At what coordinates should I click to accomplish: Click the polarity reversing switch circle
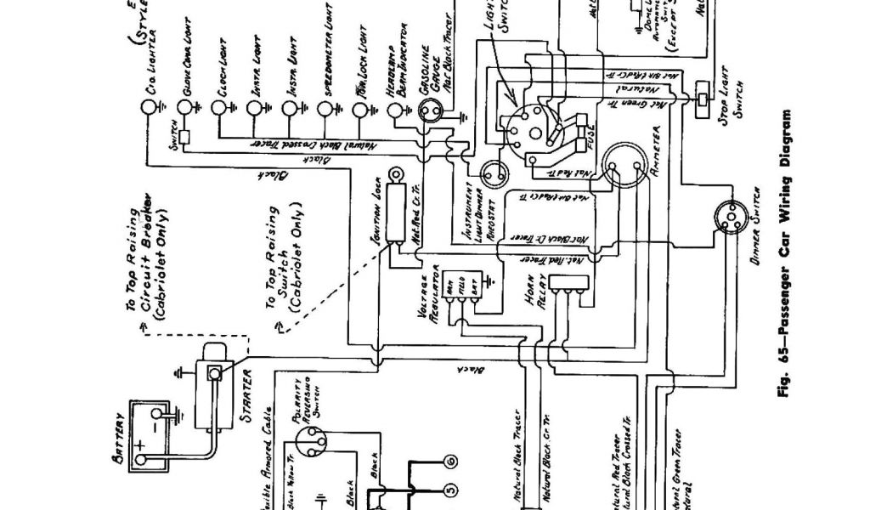click(312, 442)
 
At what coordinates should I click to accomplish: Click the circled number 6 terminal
click(450, 462)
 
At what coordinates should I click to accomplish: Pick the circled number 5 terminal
click(450, 490)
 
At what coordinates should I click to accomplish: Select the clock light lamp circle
click(219, 108)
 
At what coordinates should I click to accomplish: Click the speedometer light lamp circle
click(325, 108)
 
